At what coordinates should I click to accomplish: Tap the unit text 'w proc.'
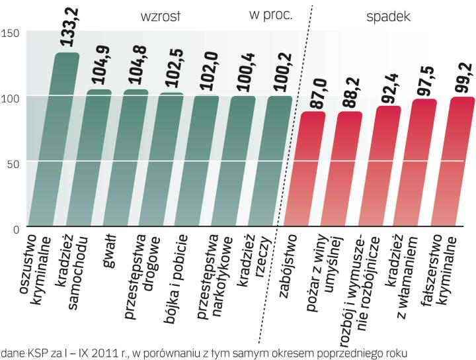pos(270,15)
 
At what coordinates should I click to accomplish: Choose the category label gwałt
pos(110,252)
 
